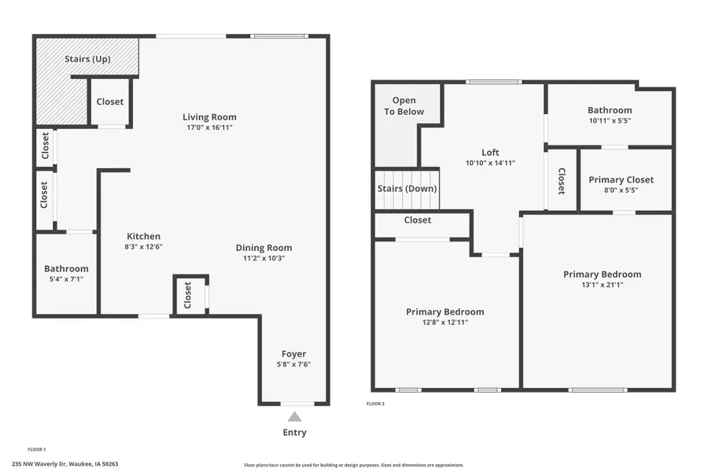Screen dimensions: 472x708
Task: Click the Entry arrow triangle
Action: click(x=294, y=417)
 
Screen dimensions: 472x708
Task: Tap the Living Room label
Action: click(x=209, y=117)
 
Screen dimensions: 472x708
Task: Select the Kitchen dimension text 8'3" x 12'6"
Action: click(x=144, y=246)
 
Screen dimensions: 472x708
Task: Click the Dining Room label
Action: click(x=264, y=248)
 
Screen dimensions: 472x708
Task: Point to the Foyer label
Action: click(x=294, y=354)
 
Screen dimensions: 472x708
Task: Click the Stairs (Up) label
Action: click(x=87, y=59)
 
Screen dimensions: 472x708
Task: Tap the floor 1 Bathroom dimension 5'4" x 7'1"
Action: click(x=66, y=278)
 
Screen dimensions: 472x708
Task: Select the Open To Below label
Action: click(x=404, y=106)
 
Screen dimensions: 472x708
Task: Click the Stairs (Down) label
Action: click(x=407, y=189)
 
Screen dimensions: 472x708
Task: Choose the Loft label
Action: click(x=490, y=153)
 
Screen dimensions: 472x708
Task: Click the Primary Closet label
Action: click(x=621, y=179)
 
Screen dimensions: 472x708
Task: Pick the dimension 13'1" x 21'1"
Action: click(x=602, y=285)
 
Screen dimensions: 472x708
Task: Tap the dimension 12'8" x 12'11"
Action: click(x=444, y=322)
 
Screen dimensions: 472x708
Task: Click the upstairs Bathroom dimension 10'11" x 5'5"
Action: click(x=610, y=121)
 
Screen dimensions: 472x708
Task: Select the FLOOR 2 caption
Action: click(x=375, y=404)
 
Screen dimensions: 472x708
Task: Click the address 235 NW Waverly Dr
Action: click(x=65, y=464)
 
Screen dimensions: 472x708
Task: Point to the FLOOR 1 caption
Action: click(x=37, y=449)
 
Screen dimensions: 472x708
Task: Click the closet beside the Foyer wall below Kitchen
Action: click(x=188, y=296)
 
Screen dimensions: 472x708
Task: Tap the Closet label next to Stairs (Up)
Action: click(x=109, y=101)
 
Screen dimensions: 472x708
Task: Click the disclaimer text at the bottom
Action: click(x=354, y=465)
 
